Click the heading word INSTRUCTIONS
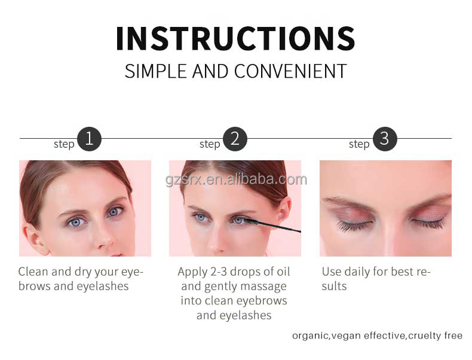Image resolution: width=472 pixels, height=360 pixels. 235,38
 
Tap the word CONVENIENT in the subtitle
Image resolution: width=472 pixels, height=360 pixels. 290,71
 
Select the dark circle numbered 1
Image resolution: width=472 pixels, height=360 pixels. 89,139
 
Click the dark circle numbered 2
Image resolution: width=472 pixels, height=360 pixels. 235,139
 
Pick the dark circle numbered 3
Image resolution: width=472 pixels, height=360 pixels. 385,139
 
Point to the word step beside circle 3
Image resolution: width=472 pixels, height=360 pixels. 359,144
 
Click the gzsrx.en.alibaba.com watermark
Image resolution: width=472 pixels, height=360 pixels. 237,179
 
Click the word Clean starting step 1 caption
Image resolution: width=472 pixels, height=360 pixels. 33,271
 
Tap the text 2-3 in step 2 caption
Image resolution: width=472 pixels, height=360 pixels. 219,271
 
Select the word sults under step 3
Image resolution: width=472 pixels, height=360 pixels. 334,286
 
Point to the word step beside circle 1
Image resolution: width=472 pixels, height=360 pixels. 64,144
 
